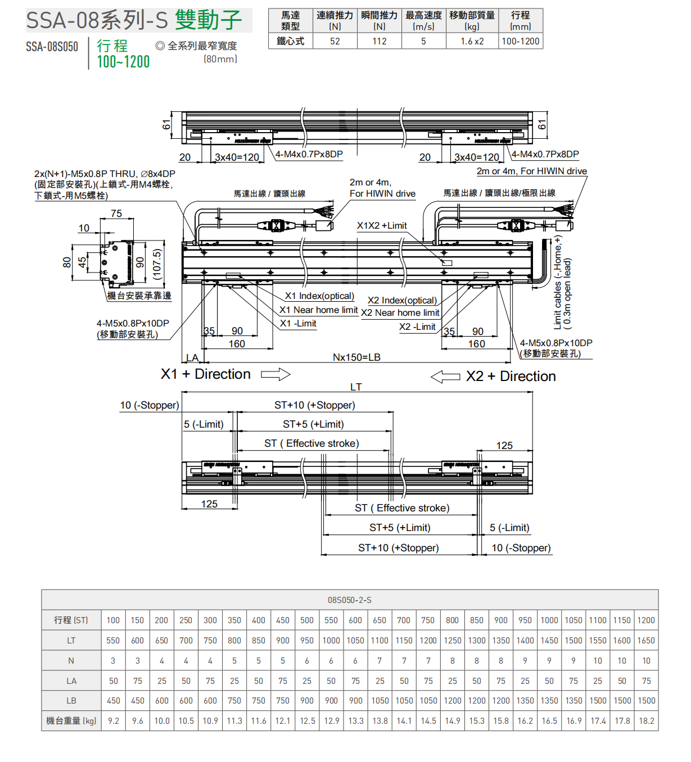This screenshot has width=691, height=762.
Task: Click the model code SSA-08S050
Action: [52, 47]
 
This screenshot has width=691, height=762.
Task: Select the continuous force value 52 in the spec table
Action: [335, 41]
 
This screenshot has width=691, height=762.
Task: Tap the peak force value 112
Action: [380, 41]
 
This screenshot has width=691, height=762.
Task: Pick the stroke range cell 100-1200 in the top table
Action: [520, 41]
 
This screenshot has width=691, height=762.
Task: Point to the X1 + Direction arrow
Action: [276, 374]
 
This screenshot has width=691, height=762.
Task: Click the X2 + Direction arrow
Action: [445, 377]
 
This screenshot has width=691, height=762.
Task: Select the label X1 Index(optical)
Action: [319, 296]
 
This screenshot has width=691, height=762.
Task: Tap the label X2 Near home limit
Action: [400, 313]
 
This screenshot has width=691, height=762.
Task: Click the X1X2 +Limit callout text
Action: [382, 225]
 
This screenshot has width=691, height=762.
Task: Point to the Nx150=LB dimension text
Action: [356, 357]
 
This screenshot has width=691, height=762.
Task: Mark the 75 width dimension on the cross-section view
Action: [116, 214]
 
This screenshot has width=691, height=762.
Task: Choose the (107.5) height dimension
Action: [157, 264]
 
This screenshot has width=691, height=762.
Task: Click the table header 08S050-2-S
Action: [349, 600]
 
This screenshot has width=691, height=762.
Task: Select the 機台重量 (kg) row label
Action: [71, 721]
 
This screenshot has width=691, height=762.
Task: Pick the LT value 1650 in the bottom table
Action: [646, 641]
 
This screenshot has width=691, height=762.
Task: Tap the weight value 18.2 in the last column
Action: [646, 721]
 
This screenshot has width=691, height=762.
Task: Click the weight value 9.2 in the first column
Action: [114, 721]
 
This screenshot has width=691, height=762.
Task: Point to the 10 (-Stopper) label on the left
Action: [150, 405]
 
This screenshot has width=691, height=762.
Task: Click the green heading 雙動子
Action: [209, 20]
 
